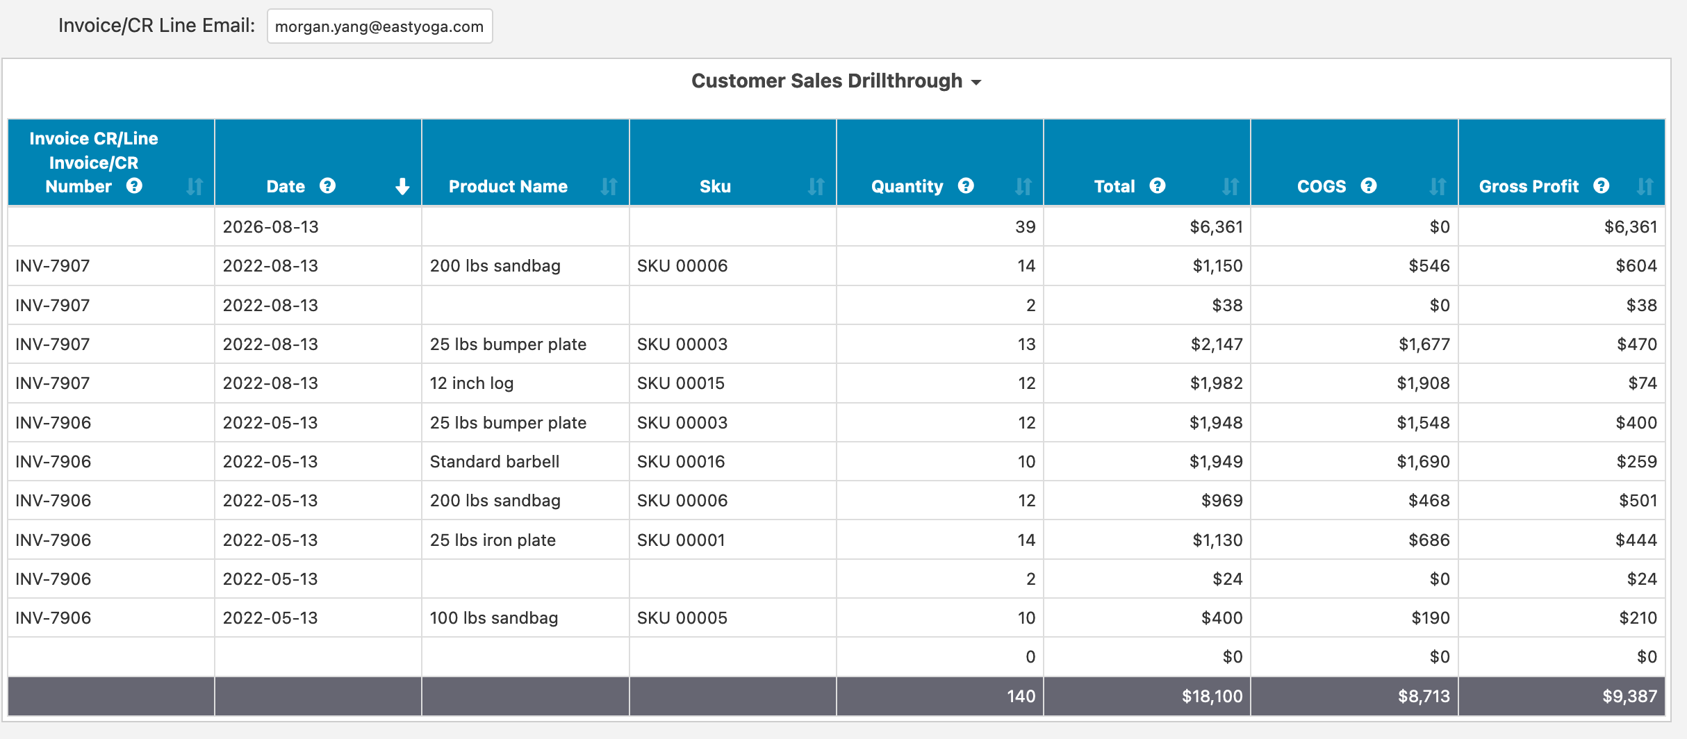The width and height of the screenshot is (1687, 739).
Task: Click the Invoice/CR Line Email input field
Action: click(x=379, y=26)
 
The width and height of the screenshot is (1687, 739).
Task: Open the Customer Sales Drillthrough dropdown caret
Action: click(x=976, y=82)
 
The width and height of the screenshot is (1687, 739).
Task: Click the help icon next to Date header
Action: click(x=327, y=186)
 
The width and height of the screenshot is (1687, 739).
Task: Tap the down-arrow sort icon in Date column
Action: click(x=402, y=186)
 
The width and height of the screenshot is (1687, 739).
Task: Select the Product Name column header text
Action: click(x=508, y=186)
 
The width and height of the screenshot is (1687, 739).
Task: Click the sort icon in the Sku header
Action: click(x=816, y=186)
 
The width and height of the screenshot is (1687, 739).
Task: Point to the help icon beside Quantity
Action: click(x=966, y=186)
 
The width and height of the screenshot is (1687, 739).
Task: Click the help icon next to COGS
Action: click(x=1369, y=186)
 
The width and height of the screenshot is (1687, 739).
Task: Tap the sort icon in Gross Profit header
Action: click(x=1645, y=186)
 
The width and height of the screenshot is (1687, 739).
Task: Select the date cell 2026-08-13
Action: click(x=270, y=227)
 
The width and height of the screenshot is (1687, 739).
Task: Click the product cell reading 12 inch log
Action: click(x=472, y=383)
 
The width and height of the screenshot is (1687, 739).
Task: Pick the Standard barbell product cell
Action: click(x=495, y=462)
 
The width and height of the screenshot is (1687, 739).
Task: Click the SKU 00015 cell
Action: click(x=681, y=383)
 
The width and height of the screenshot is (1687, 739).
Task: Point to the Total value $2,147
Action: click(x=1217, y=344)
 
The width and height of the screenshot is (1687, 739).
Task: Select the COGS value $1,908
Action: click(x=1423, y=383)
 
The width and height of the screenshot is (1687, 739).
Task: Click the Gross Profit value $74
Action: click(x=1643, y=383)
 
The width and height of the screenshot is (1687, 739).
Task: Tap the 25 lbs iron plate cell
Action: click(x=493, y=540)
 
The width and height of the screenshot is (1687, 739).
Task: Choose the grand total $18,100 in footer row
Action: click(x=1212, y=697)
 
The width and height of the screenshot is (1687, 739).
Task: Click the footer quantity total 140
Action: click(x=1021, y=697)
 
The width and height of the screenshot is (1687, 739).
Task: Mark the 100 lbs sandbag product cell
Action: click(x=494, y=618)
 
